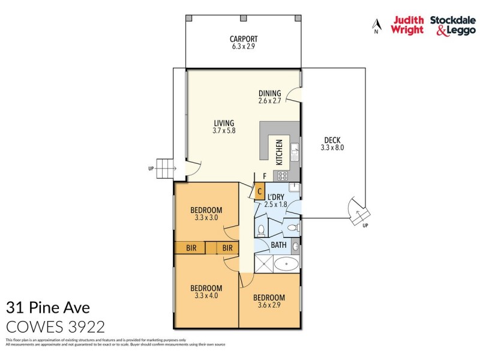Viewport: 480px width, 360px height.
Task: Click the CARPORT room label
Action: tap(243, 39)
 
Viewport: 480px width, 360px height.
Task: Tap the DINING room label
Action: tap(270, 93)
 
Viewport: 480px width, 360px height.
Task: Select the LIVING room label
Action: tap(223, 123)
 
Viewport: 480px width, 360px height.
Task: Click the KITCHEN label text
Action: tap(279, 152)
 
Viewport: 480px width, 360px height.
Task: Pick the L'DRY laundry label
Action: tap(276, 197)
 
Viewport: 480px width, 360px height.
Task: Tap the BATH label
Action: tap(278, 245)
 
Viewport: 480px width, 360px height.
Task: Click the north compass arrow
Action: tap(377, 26)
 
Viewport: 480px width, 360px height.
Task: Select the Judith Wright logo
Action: tap(408, 25)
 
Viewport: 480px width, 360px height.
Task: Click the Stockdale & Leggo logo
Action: tap(452, 25)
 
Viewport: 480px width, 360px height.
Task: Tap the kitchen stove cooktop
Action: tap(282, 176)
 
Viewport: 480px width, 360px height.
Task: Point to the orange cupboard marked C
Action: tap(259, 193)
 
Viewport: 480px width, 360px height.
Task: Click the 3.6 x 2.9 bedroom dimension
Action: tap(269, 306)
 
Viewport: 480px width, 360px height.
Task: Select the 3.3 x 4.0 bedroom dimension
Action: tap(206, 296)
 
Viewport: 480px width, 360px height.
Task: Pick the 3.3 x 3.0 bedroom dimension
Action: tap(206, 218)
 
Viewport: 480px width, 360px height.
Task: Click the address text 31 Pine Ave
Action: tap(47, 308)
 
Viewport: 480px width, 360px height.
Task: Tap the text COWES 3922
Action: tap(55, 327)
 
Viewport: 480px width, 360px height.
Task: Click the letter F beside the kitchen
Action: tap(265, 176)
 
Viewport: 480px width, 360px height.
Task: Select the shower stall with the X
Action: tap(263, 265)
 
